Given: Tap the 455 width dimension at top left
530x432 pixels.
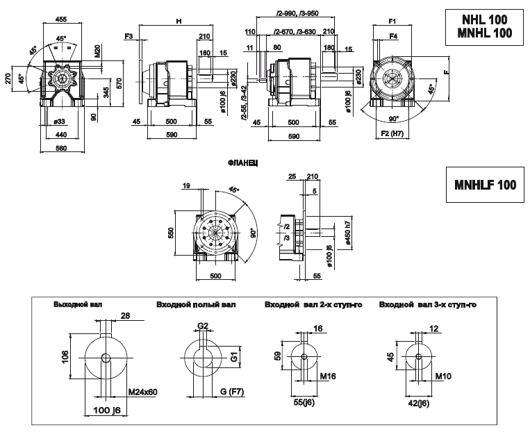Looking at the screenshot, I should pos(60,22).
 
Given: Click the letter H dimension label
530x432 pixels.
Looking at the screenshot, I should pos(179,22).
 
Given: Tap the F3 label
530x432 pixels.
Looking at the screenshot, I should pos(129,35).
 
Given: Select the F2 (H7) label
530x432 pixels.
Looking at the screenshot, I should pos(393,132).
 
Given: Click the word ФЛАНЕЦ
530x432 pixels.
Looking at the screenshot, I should pos(243,162).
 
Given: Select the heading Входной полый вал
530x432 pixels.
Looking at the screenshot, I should pos(196,304).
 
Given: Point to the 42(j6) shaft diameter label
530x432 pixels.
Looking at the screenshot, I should pos(417,402).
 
